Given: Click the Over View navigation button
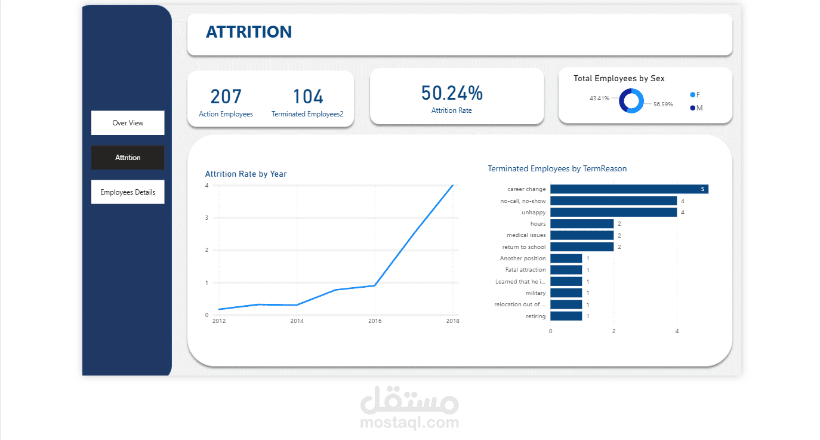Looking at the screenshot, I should (x=128, y=123).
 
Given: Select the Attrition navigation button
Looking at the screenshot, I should (x=128, y=158).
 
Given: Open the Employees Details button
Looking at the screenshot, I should (x=128, y=192).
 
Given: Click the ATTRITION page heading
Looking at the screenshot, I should (x=249, y=32).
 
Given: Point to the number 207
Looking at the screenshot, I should (x=226, y=97).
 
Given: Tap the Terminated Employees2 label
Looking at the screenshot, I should (x=307, y=114).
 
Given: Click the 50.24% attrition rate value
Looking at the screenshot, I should (x=452, y=93).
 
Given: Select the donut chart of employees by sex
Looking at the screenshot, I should (x=631, y=100).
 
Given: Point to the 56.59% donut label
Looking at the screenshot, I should (x=663, y=104).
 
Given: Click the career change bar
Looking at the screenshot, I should (x=629, y=189).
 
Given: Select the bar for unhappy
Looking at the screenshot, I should (x=613, y=213).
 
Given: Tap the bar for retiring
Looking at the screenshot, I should (x=566, y=316).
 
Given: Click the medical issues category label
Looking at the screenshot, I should (x=526, y=235).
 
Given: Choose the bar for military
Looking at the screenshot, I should (x=566, y=293).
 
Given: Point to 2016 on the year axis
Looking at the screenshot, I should (x=375, y=321).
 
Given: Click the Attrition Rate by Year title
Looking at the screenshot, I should (x=246, y=174).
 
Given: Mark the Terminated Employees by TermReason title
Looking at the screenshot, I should (x=557, y=169).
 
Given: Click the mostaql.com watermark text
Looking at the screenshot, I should (x=409, y=423).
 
